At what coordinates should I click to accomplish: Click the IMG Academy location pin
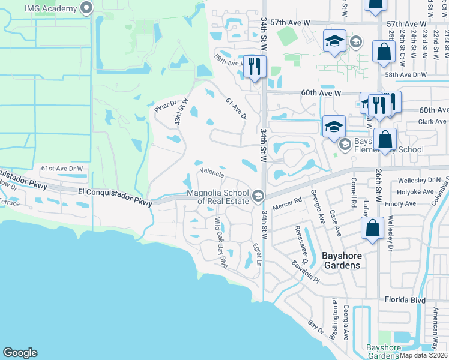point(86,8)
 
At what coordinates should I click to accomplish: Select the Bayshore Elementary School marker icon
point(345,144)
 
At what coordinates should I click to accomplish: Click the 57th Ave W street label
point(294,22)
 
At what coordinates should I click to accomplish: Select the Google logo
point(20,353)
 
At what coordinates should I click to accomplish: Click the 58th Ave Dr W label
point(406,75)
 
